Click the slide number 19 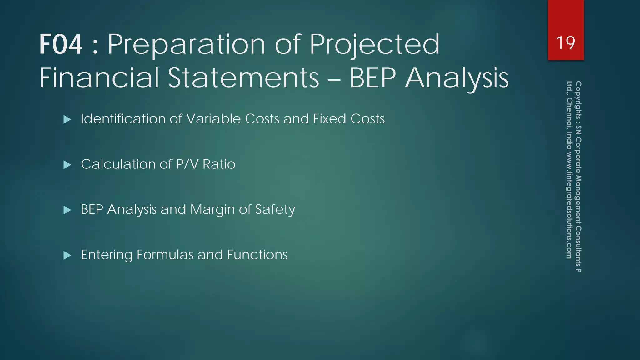[566, 43]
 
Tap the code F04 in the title [61, 44]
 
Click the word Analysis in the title [457, 78]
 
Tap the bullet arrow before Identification [67, 119]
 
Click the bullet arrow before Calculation [67, 165]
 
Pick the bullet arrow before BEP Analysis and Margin [67, 210]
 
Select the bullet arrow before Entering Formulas [67, 255]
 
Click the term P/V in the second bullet [187, 164]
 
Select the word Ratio [219, 164]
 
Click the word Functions [257, 255]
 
